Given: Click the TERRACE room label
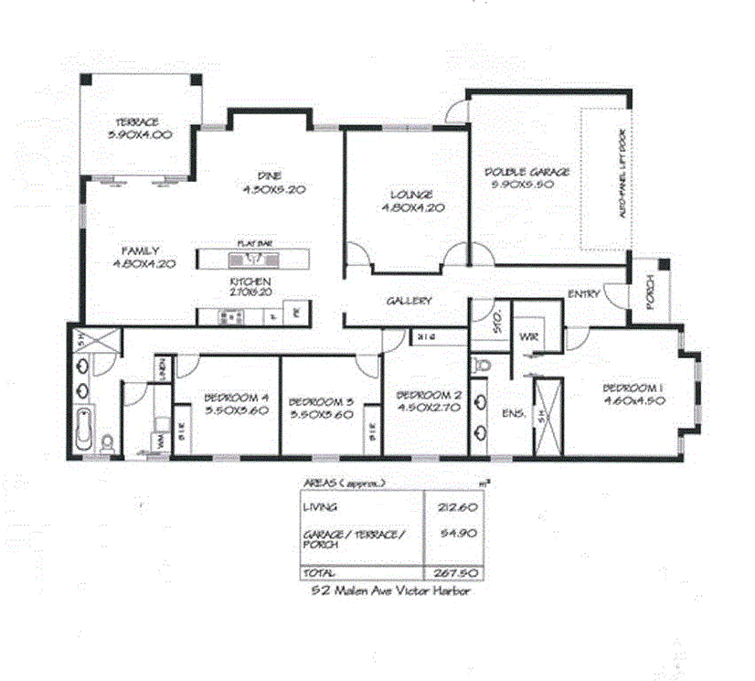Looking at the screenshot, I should tap(137, 122).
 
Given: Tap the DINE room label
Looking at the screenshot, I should tap(269, 176).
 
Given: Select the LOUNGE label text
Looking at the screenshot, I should tap(407, 195).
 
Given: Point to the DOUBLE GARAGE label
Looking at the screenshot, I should tap(526, 172).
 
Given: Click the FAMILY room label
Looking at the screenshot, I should tap(142, 251).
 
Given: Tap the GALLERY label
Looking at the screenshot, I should tap(408, 301).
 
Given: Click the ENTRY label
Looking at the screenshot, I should tap(583, 294).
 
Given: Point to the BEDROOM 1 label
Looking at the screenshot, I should tap(632, 388).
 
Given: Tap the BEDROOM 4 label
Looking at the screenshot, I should tap(236, 398).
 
